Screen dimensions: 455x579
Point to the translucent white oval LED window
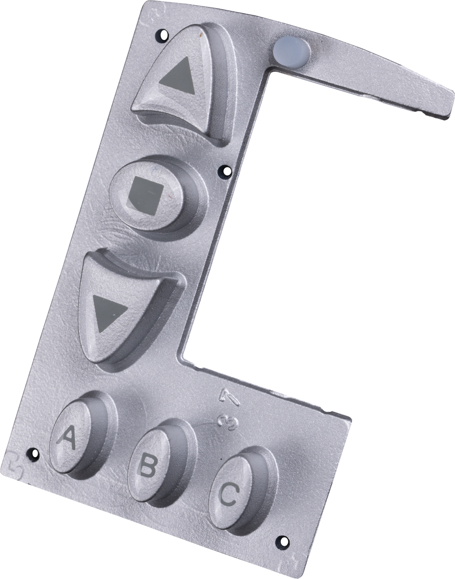point(291,51)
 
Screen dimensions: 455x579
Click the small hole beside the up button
point(163,34)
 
